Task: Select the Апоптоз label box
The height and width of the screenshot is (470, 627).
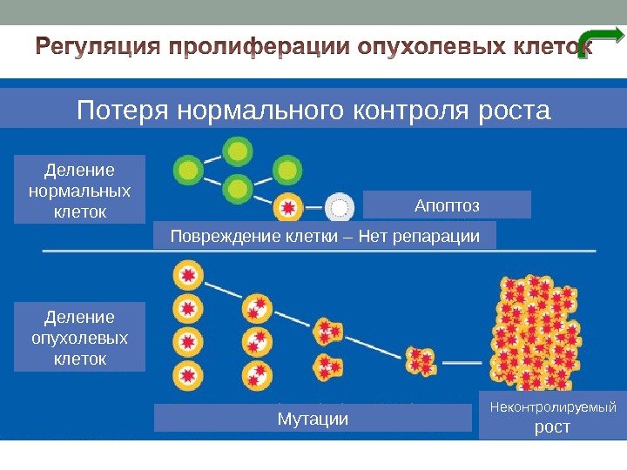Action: tap(446, 205)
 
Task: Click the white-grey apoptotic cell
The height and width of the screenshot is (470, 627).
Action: tap(339, 208)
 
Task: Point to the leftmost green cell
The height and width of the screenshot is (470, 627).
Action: tap(187, 167)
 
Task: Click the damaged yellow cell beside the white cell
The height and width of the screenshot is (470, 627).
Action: tap(287, 208)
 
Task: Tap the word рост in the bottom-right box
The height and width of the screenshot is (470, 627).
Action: tap(551, 426)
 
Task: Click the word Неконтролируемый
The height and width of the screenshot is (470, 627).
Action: tap(551, 406)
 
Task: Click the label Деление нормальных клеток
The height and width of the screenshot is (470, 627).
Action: tap(80, 188)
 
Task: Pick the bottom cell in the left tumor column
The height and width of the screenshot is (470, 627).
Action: tap(186, 375)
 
